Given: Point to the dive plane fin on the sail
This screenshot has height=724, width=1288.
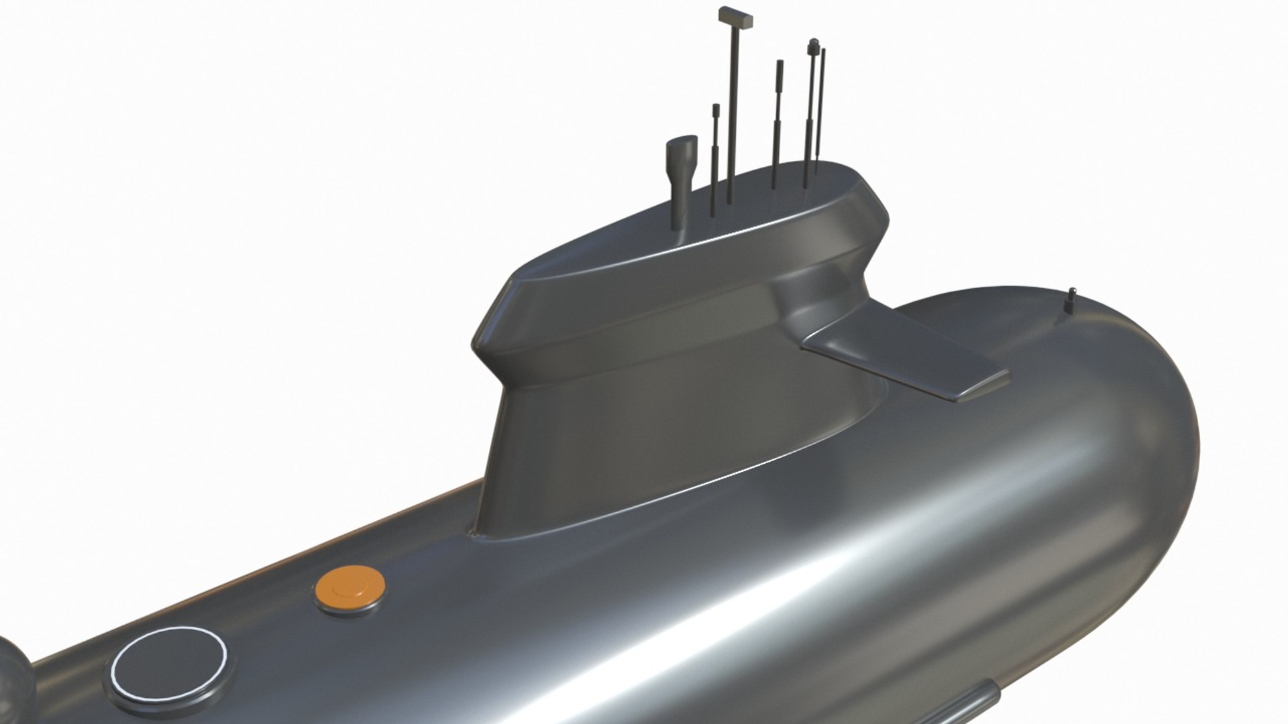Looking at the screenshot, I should [x=906, y=362].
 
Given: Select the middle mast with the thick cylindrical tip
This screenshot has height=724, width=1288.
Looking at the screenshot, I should [x=778, y=121].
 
